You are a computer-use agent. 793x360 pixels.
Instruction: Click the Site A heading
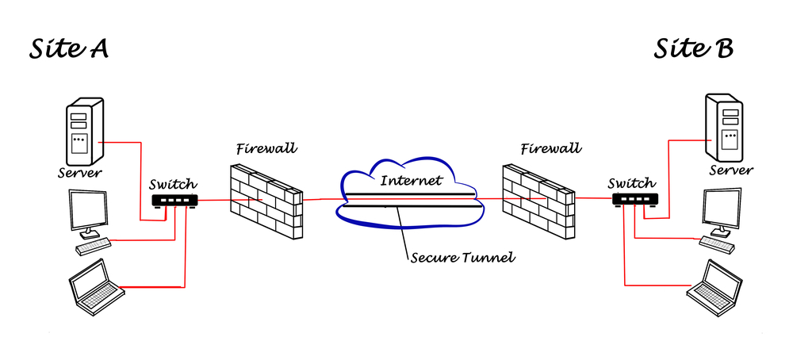(x=69, y=49)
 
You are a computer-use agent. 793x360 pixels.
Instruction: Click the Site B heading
(x=693, y=49)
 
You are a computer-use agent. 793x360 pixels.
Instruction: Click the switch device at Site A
(x=173, y=200)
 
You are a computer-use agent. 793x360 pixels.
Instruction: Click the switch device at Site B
(x=634, y=200)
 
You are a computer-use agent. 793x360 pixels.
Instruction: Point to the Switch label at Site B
(x=631, y=183)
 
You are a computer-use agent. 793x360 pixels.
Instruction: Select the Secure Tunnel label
(x=453, y=257)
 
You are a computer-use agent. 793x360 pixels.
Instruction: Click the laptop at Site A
(x=94, y=289)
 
